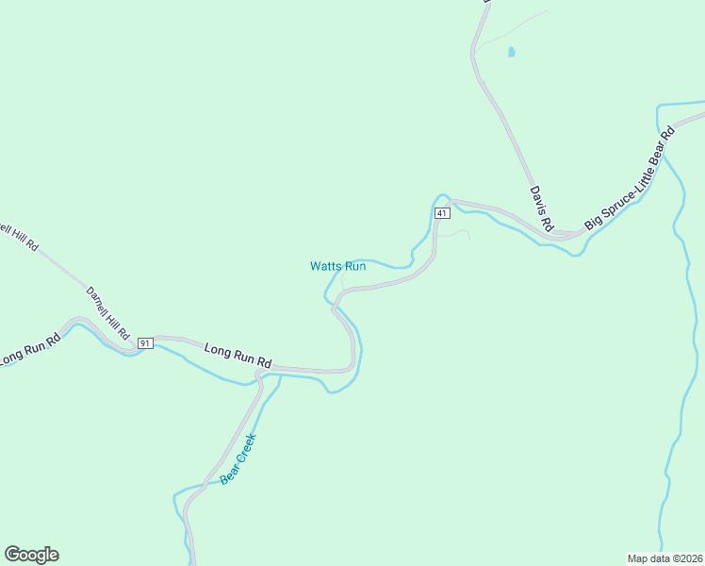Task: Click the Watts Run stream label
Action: (337, 266)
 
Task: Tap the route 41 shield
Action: (440, 214)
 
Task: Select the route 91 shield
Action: (145, 342)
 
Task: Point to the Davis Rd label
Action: (540, 208)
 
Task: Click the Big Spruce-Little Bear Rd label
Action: (631, 178)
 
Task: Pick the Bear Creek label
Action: (238, 458)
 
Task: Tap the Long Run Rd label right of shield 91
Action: (238, 356)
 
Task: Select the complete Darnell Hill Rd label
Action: (107, 313)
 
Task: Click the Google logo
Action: (31, 555)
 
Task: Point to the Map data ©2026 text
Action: (664, 558)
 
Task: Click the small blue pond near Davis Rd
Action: (511, 52)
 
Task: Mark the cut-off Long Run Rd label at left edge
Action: (28, 351)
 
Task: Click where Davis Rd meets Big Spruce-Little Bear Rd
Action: (563, 233)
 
